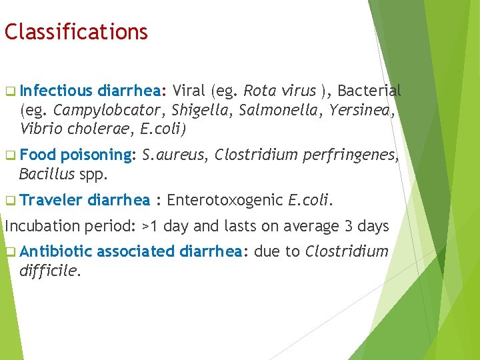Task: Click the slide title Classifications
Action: (76, 31)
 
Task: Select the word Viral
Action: (189, 91)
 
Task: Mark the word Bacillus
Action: (46, 174)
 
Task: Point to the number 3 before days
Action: (343, 226)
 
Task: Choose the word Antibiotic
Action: (56, 252)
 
